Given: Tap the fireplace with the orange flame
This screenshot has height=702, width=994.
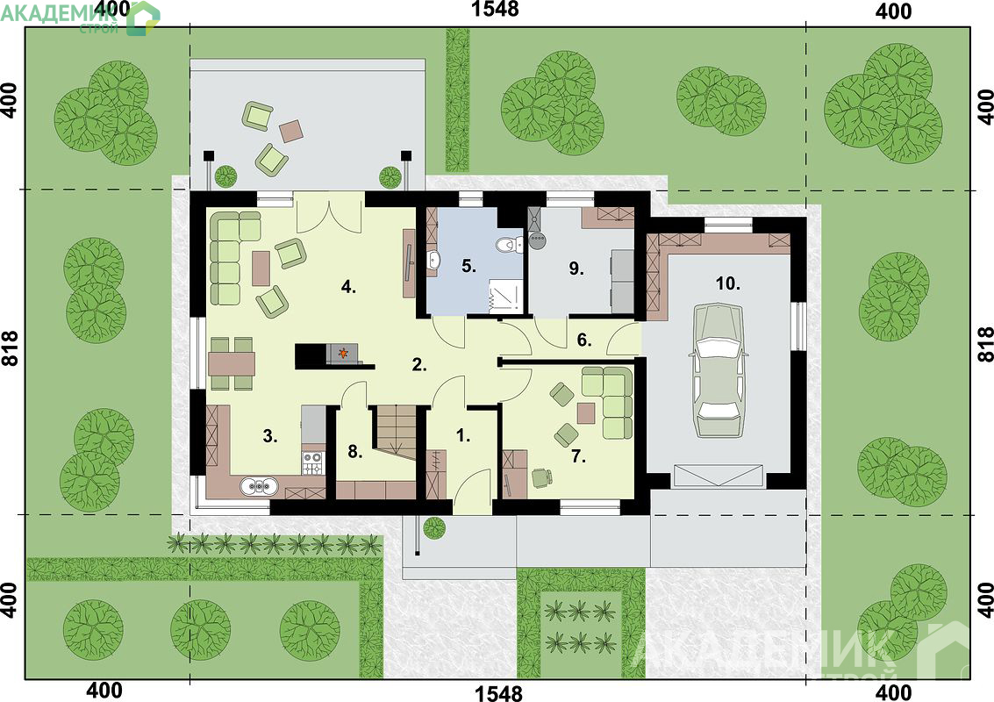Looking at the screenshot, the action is (342, 355).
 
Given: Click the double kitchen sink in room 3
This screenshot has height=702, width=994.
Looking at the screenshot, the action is (260, 486).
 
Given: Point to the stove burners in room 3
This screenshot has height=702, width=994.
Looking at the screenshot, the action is (312, 463).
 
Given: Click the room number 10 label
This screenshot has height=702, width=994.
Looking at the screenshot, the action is (728, 283).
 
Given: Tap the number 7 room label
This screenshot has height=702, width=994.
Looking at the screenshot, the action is (578, 456).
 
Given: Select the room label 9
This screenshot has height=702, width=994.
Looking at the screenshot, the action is (576, 269).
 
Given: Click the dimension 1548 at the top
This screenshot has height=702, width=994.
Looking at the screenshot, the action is (495, 10).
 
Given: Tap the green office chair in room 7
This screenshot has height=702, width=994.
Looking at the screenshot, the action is (540, 476).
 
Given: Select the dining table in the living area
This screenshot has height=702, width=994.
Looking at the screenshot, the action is (232, 363).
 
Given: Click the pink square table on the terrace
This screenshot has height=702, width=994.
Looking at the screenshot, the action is (291, 131).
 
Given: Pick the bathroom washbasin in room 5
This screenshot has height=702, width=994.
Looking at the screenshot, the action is (433, 260).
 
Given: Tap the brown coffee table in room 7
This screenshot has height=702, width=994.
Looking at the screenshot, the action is (586, 413).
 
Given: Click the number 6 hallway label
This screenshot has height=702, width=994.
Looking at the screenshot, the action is (583, 340).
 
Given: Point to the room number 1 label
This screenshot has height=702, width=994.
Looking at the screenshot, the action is (463, 435).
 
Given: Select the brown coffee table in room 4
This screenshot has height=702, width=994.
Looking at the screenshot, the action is (261, 268).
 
